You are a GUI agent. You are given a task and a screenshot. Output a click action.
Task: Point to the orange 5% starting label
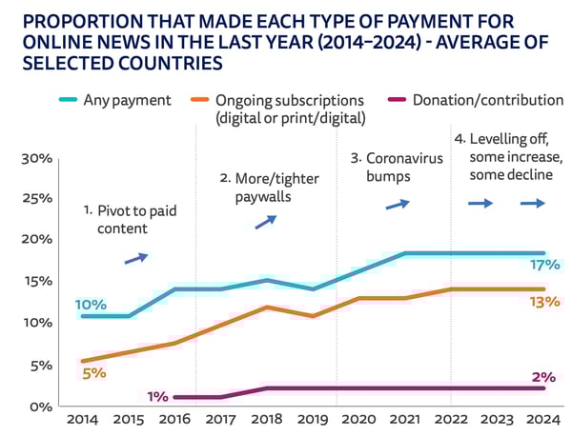[x=92, y=373]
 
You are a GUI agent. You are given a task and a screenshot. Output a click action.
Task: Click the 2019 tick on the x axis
[x=313, y=419]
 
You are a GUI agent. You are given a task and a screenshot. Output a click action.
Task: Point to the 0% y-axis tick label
[x=40, y=407]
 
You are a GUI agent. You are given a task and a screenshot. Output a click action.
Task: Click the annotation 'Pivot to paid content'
[x=119, y=220]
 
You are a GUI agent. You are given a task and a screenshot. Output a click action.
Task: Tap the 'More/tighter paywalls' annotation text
[x=255, y=188]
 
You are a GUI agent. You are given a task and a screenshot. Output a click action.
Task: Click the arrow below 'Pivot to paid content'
[x=136, y=257]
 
